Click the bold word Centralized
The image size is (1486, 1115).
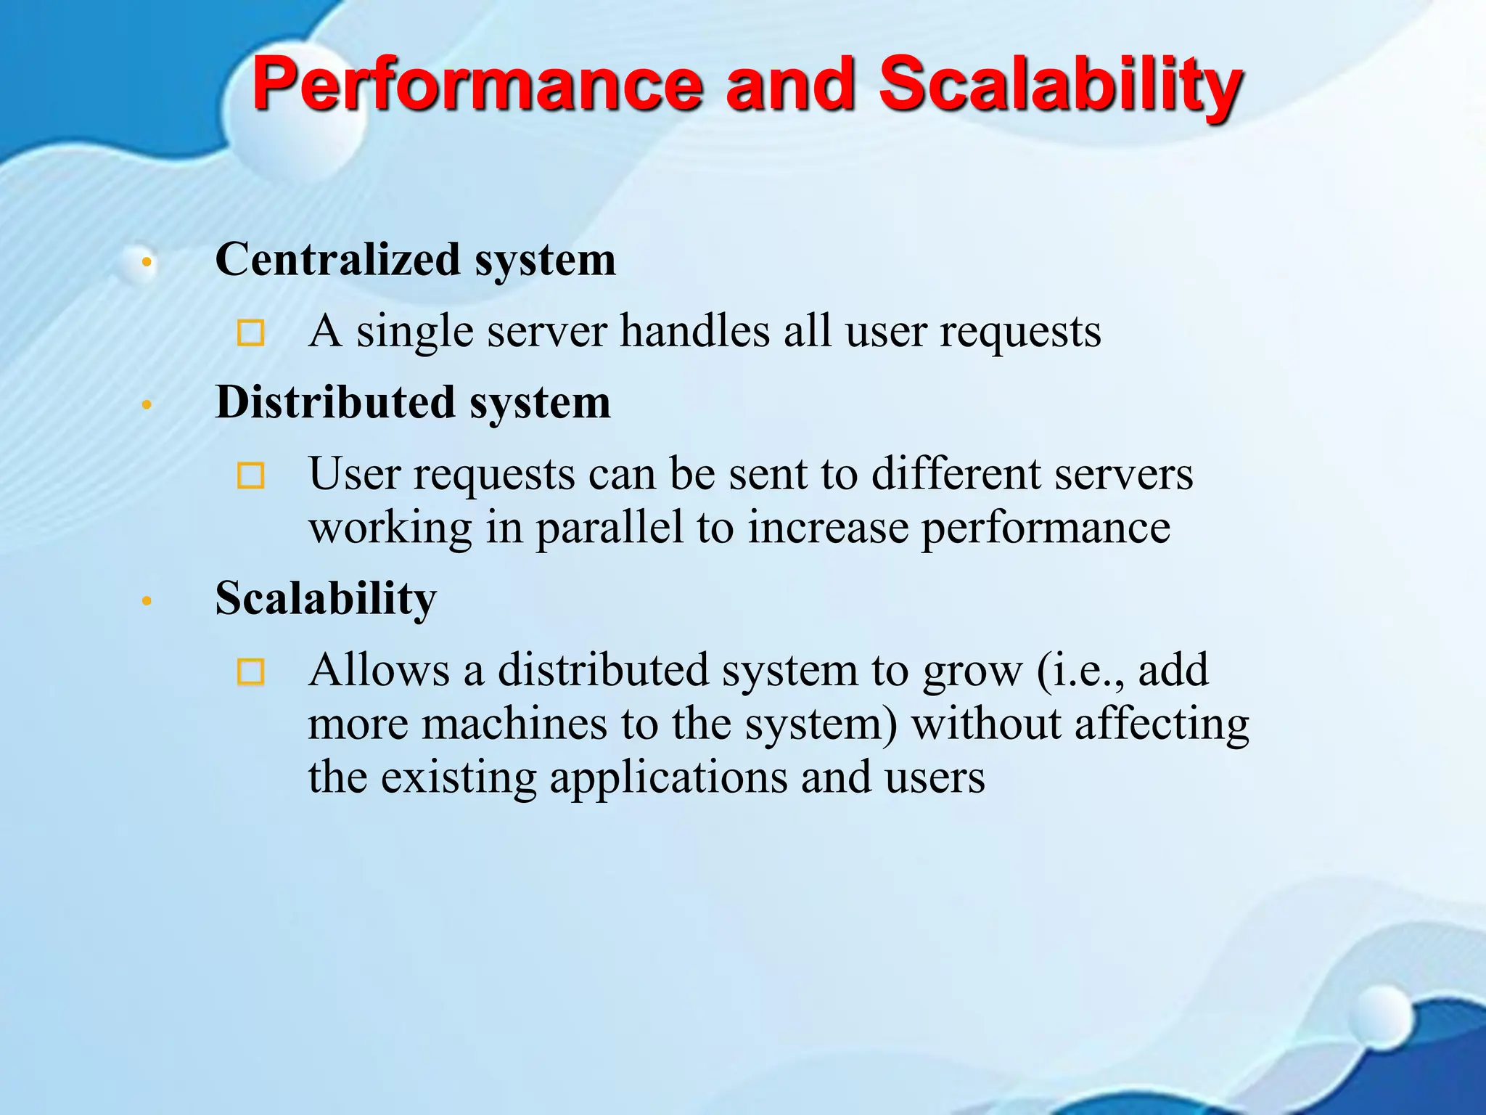point(337,259)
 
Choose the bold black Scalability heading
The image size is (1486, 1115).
point(326,598)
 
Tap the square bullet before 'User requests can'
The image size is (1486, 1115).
point(251,475)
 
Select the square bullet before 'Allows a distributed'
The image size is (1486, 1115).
point(251,671)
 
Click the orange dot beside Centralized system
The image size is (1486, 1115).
point(147,261)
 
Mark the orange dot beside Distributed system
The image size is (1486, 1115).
point(147,404)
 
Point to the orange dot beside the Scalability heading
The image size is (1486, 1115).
point(147,601)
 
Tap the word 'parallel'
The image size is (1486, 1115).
point(609,528)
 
